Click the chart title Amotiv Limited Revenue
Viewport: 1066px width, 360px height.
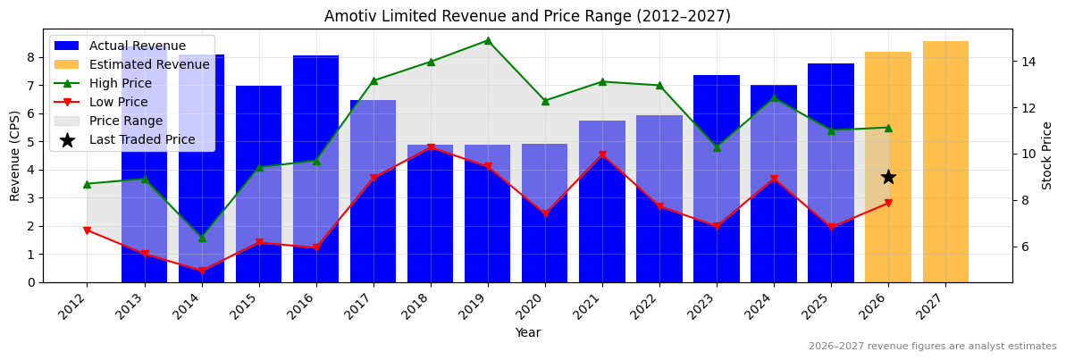coord(527,16)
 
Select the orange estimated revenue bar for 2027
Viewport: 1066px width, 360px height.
coord(945,161)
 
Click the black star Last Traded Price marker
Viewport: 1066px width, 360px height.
coord(888,177)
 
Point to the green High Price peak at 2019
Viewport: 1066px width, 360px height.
coord(488,40)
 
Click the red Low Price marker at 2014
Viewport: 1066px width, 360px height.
coord(201,271)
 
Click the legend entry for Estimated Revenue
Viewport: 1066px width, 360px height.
coord(149,64)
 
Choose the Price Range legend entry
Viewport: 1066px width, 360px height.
coord(126,121)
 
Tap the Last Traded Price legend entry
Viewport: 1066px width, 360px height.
coord(142,139)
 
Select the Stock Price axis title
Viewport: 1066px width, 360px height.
coord(1047,155)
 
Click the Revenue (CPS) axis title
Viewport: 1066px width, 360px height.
coord(15,155)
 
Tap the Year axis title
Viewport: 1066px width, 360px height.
coord(527,332)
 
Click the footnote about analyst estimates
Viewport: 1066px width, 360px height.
coord(932,347)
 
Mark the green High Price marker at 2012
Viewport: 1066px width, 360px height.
coord(87,184)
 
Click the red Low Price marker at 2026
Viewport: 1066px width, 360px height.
coord(888,203)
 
